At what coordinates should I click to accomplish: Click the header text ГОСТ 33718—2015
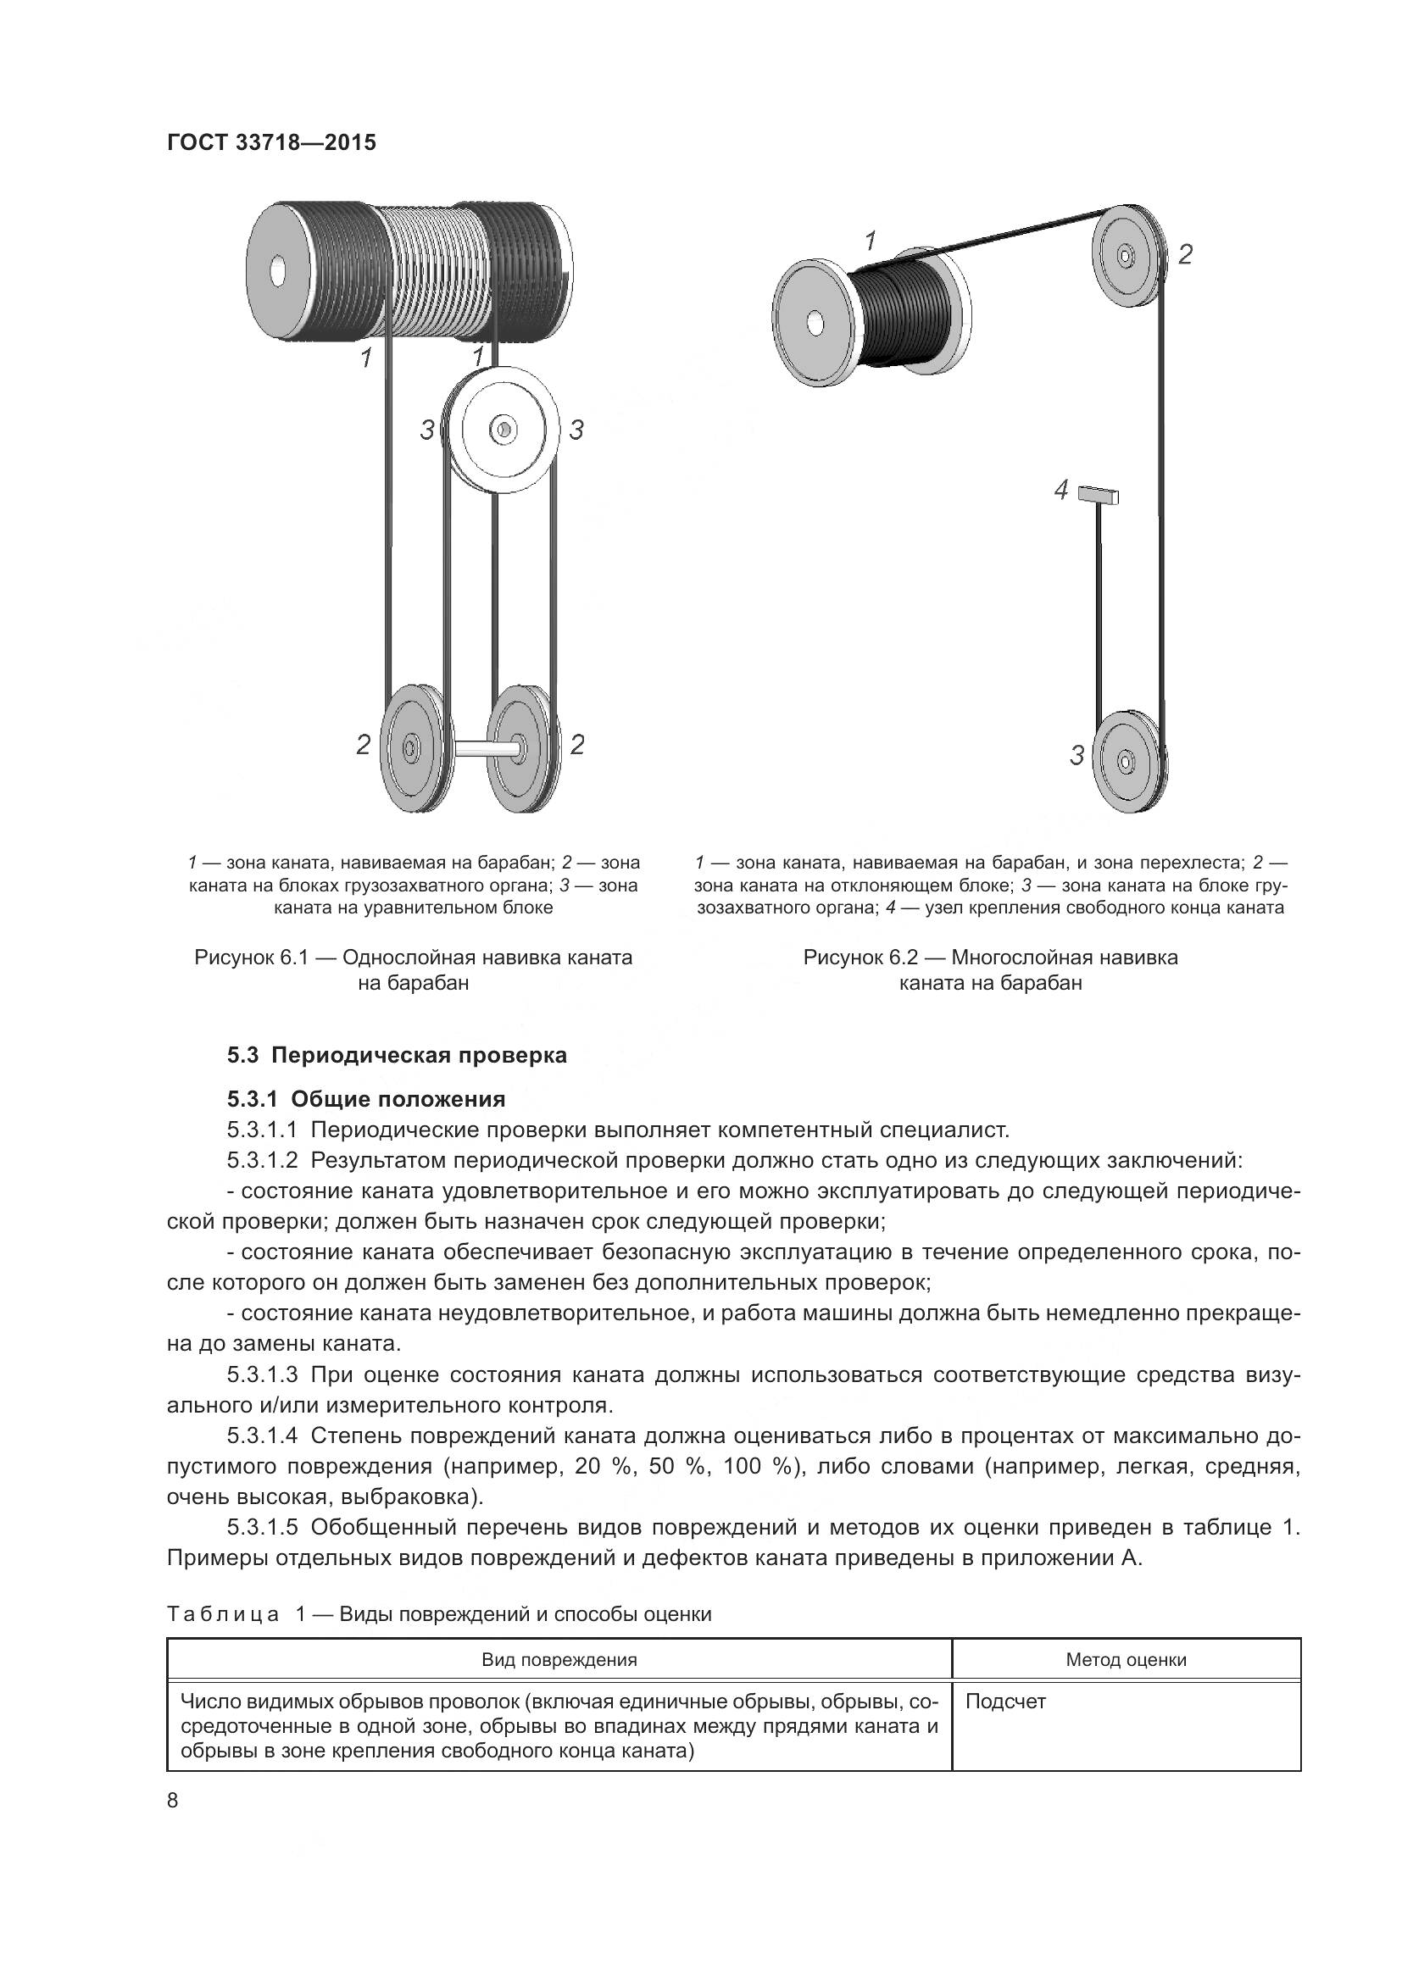(x=271, y=143)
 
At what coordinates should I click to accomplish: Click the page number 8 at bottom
(x=173, y=1801)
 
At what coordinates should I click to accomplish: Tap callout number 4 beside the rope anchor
(x=1062, y=491)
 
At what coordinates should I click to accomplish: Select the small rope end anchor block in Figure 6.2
(x=1098, y=495)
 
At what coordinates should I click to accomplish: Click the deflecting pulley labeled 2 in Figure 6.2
(x=1126, y=256)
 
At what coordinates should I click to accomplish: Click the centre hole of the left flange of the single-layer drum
(x=277, y=271)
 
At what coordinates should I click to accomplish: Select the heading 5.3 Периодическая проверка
(x=397, y=1055)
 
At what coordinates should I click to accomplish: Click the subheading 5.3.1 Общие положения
(x=366, y=1099)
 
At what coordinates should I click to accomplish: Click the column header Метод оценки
(x=1126, y=1660)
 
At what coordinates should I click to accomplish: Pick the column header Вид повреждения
(x=559, y=1660)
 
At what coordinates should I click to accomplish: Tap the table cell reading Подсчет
(x=1005, y=1702)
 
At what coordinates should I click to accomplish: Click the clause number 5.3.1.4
(x=263, y=1435)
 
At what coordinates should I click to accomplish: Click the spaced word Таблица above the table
(x=223, y=1614)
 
